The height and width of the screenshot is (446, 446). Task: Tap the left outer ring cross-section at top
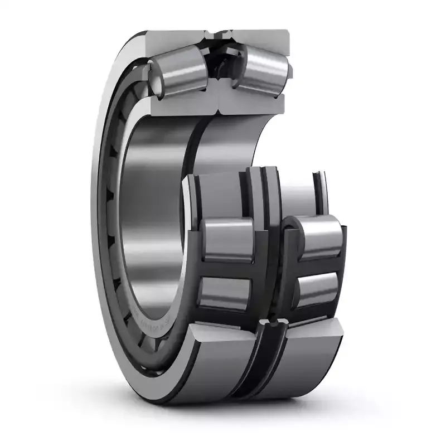(173, 39)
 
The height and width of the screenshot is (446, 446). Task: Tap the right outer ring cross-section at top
(262, 39)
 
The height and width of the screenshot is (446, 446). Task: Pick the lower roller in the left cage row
(226, 293)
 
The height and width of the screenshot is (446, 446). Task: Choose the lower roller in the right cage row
(318, 287)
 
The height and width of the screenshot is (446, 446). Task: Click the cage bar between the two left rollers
(226, 268)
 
